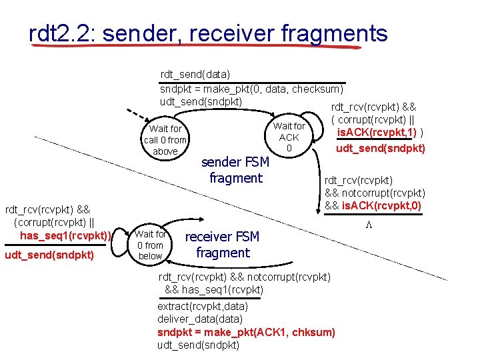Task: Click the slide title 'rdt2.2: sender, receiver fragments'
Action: click(x=208, y=33)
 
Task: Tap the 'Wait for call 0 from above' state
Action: click(x=165, y=140)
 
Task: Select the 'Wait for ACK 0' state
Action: click(x=289, y=137)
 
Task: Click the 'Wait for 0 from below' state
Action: click(x=151, y=245)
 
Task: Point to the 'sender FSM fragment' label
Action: click(x=235, y=170)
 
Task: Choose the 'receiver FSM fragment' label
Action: click(x=222, y=245)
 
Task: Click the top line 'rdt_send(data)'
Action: click(x=195, y=75)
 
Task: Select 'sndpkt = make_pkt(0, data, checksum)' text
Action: click(x=251, y=89)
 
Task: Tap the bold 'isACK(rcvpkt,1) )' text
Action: click(x=379, y=134)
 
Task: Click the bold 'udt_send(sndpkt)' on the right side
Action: click(x=380, y=148)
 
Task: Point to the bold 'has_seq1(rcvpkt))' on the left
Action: click(x=65, y=235)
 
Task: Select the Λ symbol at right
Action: click(x=367, y=225)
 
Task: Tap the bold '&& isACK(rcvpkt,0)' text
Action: click(x=373, y=205)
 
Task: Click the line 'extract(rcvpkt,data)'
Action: click(x=203, y=306)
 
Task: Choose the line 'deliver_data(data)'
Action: click(x=198, y=319)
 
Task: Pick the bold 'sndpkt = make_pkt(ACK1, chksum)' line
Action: click(x=246, y=332)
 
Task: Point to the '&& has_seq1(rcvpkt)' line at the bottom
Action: click(x=214, y=289)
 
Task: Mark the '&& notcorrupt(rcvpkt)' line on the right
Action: click(x=375, y=193)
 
